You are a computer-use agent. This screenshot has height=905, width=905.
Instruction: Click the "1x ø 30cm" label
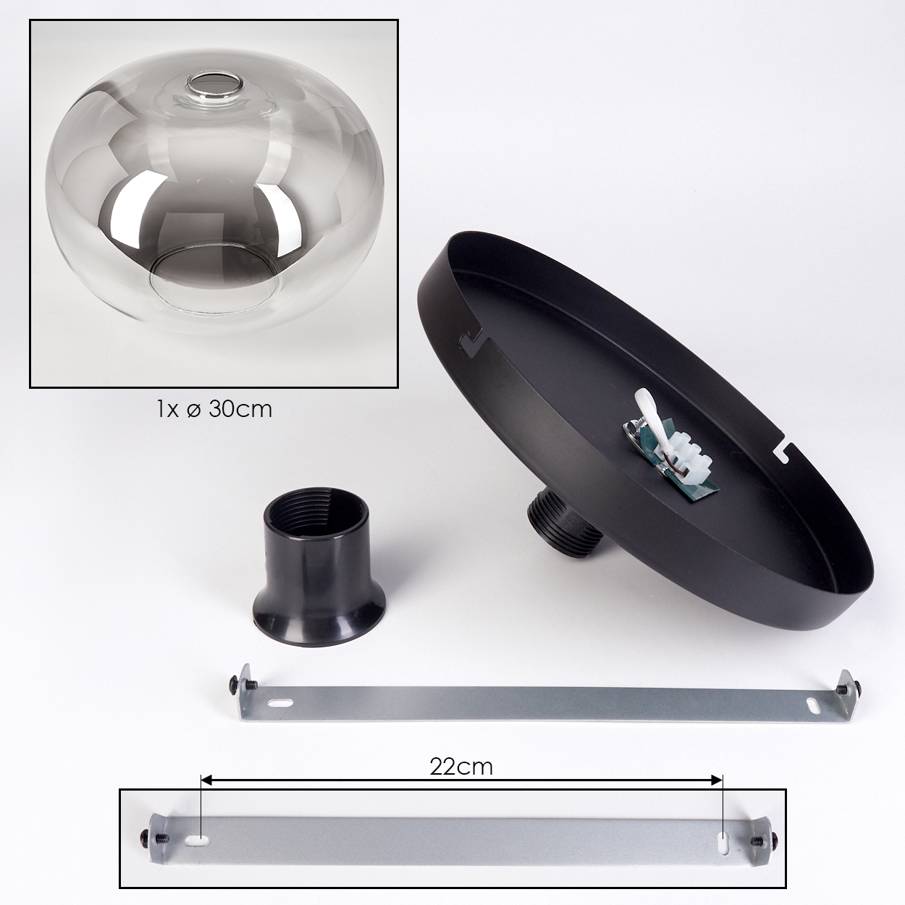tap(214, 409)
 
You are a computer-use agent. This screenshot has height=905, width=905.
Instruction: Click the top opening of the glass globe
tap(216, 84)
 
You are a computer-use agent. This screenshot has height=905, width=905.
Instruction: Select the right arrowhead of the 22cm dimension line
tap(716, 780)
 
